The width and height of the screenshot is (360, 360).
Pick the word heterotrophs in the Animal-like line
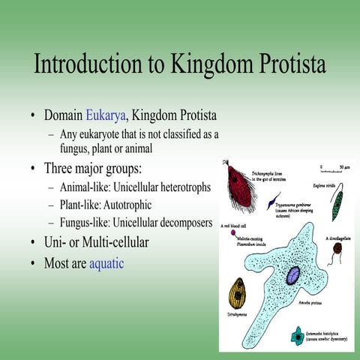tap(180, 186)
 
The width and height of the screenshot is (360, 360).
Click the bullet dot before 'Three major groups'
tap(34, 168)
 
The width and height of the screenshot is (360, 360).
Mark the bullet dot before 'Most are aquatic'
tap(34, 264)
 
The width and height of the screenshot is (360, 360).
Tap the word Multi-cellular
tap(117, 243)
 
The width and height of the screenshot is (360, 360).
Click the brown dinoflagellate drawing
tap(337, 248)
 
